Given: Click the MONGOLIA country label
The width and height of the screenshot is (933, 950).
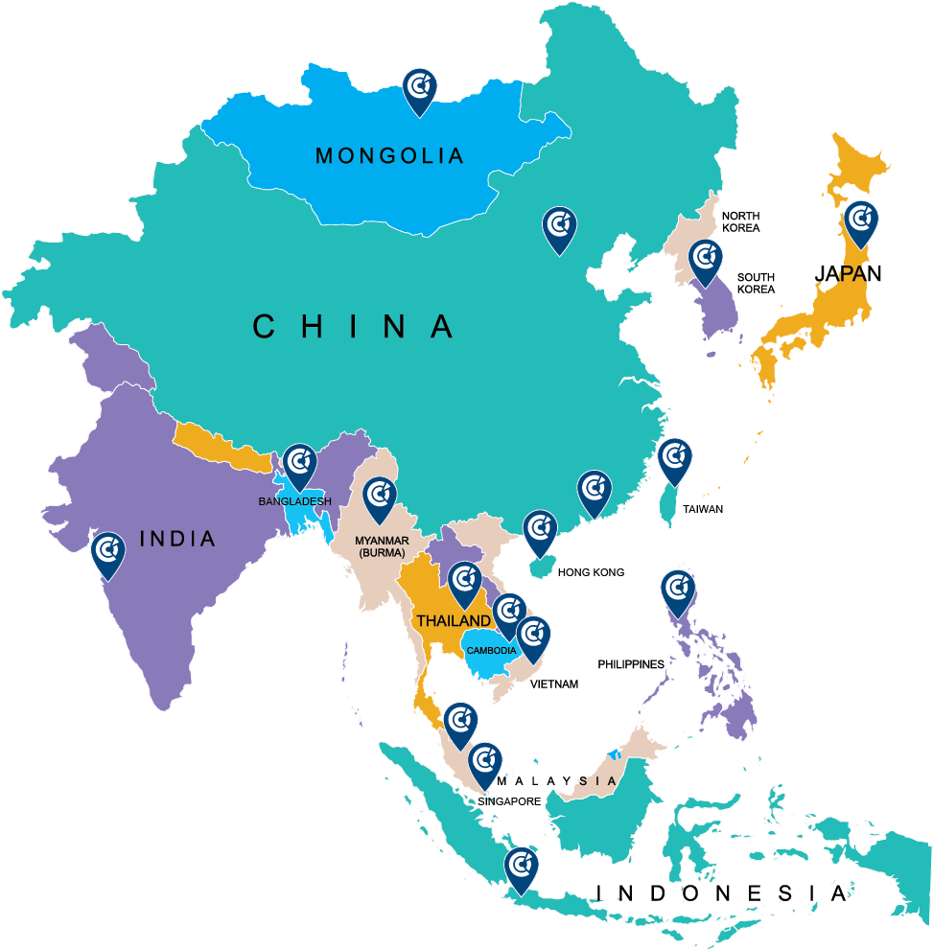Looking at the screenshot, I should (x=389, y=155).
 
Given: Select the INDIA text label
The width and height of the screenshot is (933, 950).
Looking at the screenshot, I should (x=177, y=539).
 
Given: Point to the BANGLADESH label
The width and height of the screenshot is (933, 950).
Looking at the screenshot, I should (x=294, y=501).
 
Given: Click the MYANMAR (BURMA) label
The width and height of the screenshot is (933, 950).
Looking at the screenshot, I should (x=382, y=546).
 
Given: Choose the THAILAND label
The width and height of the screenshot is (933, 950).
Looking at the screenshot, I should (x=453, y=621).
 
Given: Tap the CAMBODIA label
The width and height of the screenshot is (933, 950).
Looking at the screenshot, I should (x=491, y=651).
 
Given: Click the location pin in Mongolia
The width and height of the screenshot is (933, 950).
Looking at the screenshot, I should (x=418, y=89).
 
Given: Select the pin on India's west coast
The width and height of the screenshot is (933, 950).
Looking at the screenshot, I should (x=108, y=554).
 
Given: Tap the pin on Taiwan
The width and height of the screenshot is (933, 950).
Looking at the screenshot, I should (x=675, y=459).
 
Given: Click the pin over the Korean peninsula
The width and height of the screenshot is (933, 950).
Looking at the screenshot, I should (x=706, y=261).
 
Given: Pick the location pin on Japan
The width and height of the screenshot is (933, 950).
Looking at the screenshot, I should (x=860, y=222).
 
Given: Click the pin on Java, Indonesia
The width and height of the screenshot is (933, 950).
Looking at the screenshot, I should (x=522, y=869).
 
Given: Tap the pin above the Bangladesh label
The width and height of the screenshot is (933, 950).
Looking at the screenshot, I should (x=299, y=465).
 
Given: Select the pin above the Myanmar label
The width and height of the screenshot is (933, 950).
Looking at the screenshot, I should (x=380, y=498).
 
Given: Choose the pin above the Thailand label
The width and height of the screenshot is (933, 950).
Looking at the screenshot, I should (x=465, y=583).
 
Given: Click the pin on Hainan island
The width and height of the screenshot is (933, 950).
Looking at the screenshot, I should (x=540, y=531).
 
